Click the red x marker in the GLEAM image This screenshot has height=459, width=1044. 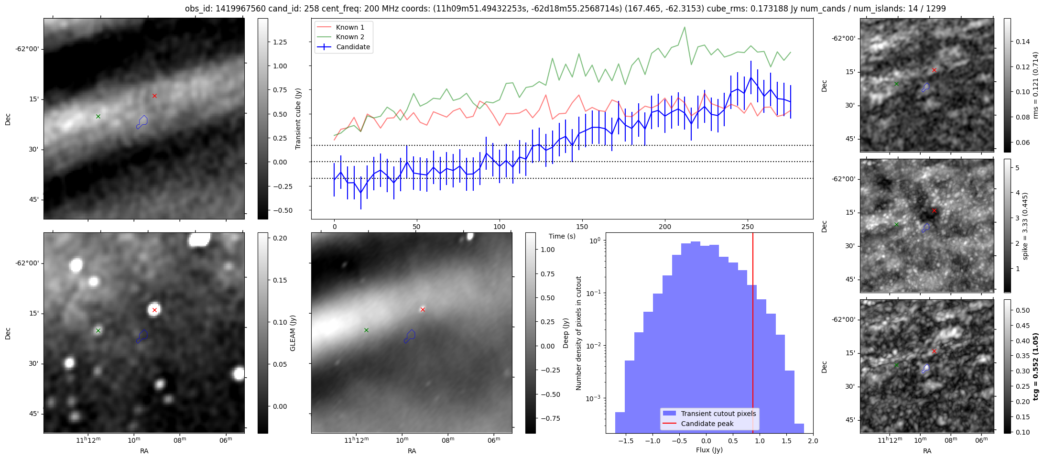click(154, 310)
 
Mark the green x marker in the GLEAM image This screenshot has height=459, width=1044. click(98, 330)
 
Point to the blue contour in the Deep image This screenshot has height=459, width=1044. click(409, 336)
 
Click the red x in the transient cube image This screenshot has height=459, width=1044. click(154, 96)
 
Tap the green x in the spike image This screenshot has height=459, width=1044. click(896, 224)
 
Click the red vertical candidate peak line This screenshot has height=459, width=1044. click(753, 335)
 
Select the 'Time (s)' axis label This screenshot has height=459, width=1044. click(562, 236)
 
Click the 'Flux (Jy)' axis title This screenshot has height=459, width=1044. click(709, 450)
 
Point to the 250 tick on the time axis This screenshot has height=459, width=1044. click(747, 227)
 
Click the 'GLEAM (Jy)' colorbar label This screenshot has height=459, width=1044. click(293, 333)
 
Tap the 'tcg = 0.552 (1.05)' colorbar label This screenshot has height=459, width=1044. click(1036, 366)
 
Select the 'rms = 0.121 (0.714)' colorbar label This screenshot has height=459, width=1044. click(1036, 85)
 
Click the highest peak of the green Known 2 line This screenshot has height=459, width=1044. click(685, 27)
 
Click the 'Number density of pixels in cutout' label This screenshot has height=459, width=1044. click(579, 333)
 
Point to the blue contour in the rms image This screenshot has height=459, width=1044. click(925, 87)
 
